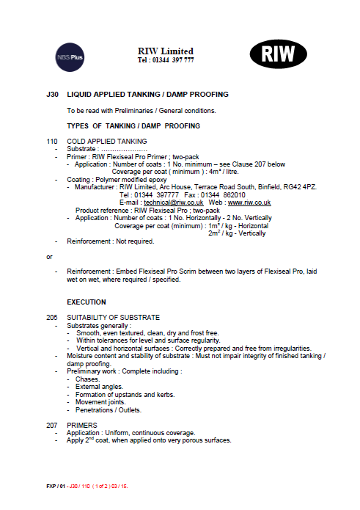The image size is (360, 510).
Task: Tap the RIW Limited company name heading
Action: [166, 50]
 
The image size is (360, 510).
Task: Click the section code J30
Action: [51, 95]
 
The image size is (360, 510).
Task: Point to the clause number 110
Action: [51, 141]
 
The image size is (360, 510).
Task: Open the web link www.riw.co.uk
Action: [250, 202]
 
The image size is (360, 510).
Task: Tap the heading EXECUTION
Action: [87, 302]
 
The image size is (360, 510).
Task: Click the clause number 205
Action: [51, 317]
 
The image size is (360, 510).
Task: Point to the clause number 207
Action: [51, 425]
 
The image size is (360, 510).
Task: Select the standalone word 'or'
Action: [49, 257]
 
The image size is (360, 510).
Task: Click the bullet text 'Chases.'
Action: [87, 379]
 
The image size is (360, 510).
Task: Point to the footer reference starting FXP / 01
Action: [87, 487]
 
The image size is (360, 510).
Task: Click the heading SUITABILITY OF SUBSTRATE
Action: [113, 317]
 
